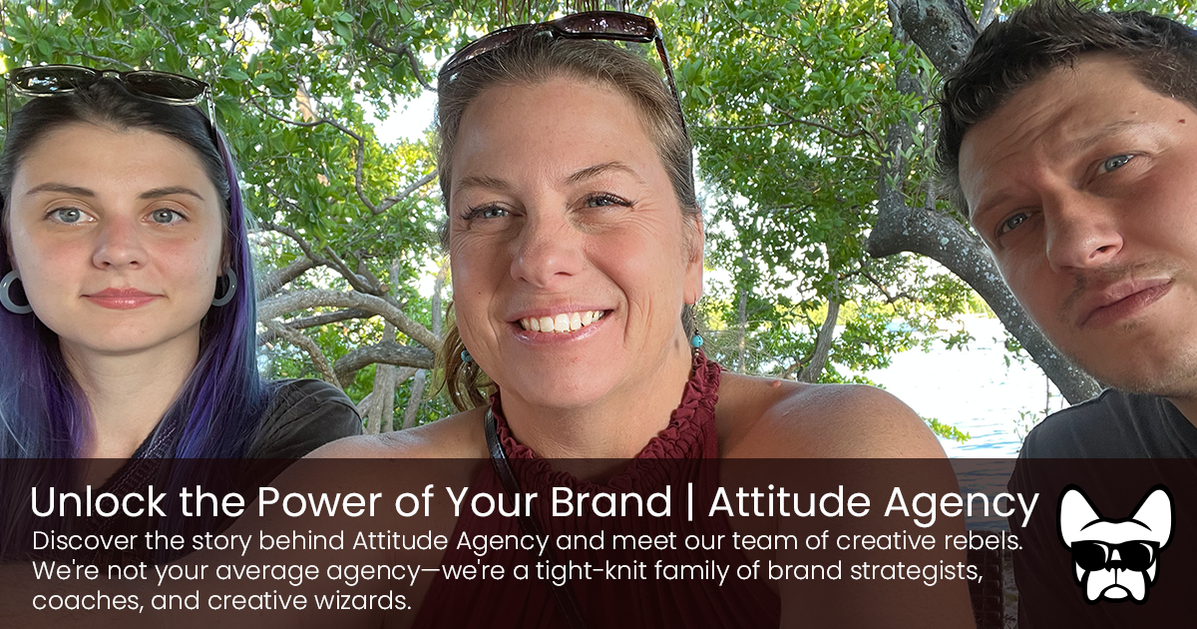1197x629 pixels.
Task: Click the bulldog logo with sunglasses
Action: tap(1115, 544)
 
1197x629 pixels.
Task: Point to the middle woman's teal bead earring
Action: tap(696, 340)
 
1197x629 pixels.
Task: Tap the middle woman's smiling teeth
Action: tap(561, 322)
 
